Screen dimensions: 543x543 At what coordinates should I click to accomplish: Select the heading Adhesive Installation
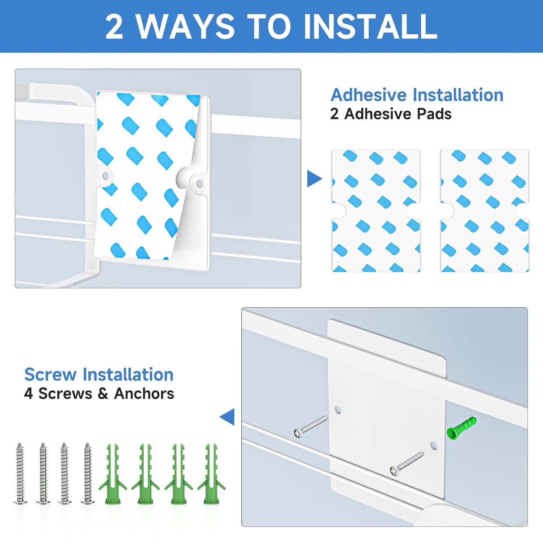(x=417, y=95)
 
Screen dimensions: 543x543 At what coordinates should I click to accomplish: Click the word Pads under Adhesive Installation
(x=434, y=114)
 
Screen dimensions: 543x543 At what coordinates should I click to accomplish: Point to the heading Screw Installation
(x=99, y=375)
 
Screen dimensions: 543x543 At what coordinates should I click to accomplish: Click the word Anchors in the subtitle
(x=144, y=393)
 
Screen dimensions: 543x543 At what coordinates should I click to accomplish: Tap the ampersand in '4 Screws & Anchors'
(x=103, y=393)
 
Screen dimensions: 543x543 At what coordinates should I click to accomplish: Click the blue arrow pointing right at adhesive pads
(x=314, y=178)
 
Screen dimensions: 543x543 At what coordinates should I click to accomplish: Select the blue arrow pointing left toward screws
(x=227, y=417)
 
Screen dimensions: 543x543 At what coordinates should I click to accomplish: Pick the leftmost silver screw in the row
(x=20, y=473)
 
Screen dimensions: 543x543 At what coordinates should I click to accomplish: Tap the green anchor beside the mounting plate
(x=462, y=428)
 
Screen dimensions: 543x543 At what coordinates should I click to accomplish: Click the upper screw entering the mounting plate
(x=311, y=426)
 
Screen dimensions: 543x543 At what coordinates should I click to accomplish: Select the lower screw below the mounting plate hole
(x=407, y=463)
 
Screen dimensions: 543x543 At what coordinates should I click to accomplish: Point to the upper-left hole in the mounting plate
(x=338, y=410)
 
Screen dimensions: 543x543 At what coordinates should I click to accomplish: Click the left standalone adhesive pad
(x=376, y=211)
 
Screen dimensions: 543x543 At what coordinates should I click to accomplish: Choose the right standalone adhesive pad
(x=484, y=211)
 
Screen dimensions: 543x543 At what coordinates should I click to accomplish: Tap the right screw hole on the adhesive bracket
(x=199, y=184)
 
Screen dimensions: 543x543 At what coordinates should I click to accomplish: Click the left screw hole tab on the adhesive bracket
(x=105, y=176)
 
